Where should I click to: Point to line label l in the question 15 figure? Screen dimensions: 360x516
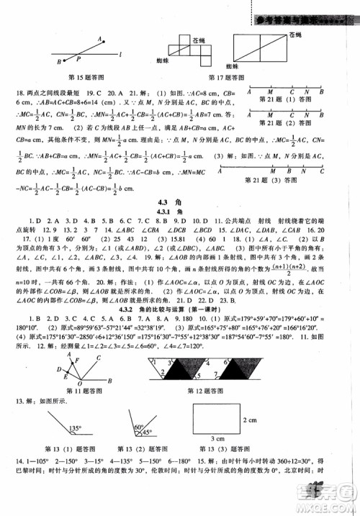pos(120,54)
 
